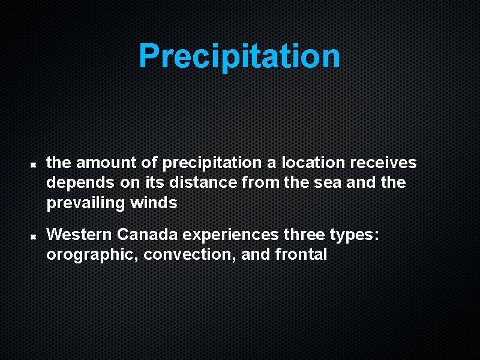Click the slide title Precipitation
tap(239, 56)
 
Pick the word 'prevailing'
tap(85, 203)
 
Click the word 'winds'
tap(153, 203)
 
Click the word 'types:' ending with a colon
tap(355, 235)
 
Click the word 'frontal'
tap(301, 254)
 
